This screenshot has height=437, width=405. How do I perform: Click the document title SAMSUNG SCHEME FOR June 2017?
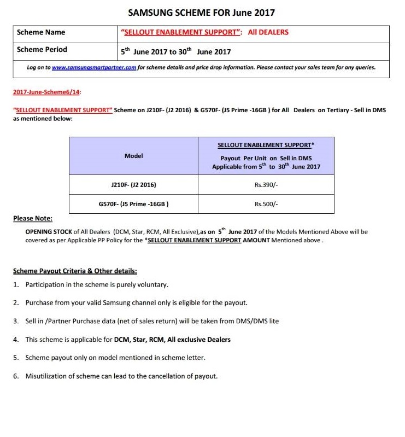[201, 12]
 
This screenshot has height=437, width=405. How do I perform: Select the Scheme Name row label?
[41, 32]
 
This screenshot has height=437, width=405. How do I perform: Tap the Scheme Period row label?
[42, 50]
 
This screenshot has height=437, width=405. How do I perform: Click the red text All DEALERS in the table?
[268, 32]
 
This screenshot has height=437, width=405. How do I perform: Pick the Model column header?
[133, 156]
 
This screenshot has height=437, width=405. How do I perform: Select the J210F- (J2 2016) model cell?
[133, 185]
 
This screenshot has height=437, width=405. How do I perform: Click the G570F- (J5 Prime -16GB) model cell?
[133, 204]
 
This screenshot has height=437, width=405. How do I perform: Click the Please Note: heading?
[33, 219]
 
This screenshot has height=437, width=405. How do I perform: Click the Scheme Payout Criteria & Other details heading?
[75, 271]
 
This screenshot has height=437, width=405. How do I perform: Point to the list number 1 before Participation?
[15, 285]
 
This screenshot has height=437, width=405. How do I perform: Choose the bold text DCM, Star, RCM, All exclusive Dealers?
[172, 340]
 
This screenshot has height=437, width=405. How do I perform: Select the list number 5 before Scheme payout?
[15, 358]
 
